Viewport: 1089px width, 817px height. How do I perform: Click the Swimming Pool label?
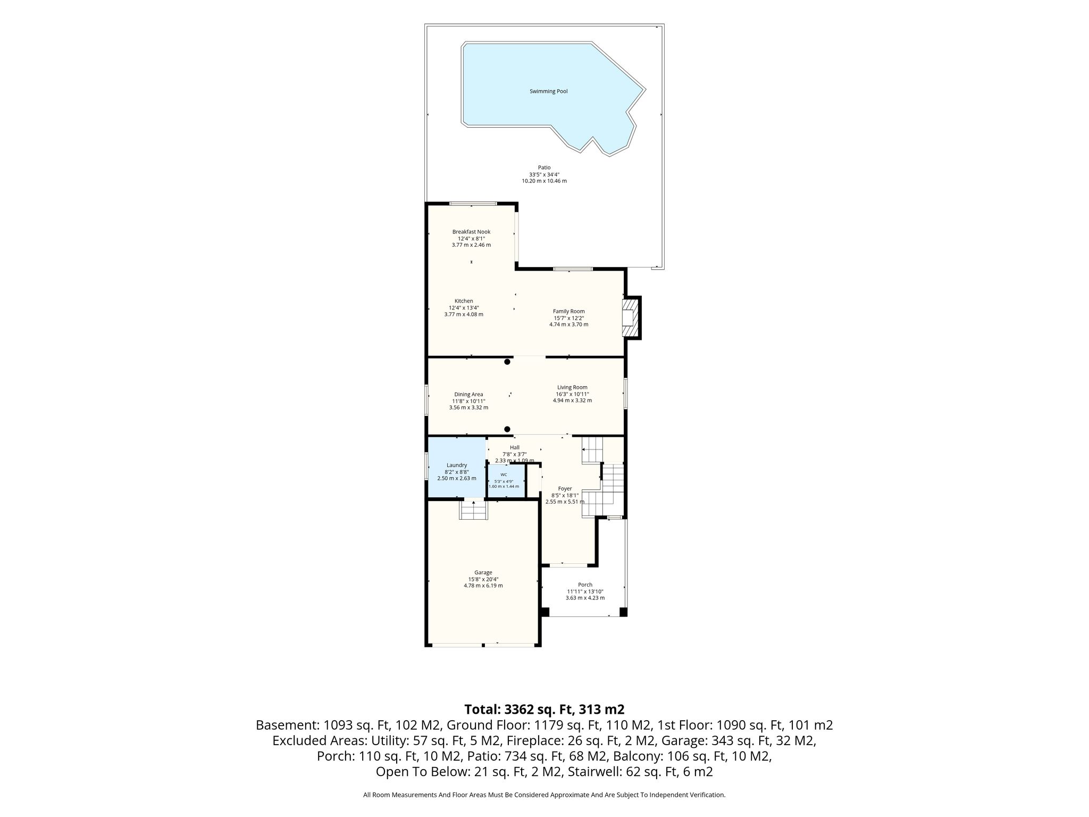click(x=548, y=91)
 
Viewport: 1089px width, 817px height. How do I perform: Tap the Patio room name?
click(x=544, y=168)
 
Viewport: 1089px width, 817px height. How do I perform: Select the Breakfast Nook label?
click(x=471, y=232)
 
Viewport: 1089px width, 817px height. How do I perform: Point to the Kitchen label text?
click(x=464, y=301)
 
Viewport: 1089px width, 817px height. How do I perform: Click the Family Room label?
click(x=568, y=311)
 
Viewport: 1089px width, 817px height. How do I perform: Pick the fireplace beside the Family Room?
click(x=632, y=318)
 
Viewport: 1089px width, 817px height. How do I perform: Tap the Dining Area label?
click(x=468, y=395)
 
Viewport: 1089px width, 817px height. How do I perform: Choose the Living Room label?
click(x=572, y=387)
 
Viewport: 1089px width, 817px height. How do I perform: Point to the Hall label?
click(x=514, y=447)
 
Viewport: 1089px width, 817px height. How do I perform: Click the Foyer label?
click(x=565, y=489)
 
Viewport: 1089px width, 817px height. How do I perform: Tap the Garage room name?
click(x=483, y=573)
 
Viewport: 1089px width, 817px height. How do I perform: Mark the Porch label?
click(x=585, y=585)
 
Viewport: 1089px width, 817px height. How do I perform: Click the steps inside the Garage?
click(x=473, y=510)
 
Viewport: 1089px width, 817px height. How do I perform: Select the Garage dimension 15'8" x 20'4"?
click(x=483, y=579)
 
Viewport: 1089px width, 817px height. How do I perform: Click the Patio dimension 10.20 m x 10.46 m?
click(x=544, y=181)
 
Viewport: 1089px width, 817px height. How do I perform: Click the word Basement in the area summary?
click(x=284, y=725)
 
